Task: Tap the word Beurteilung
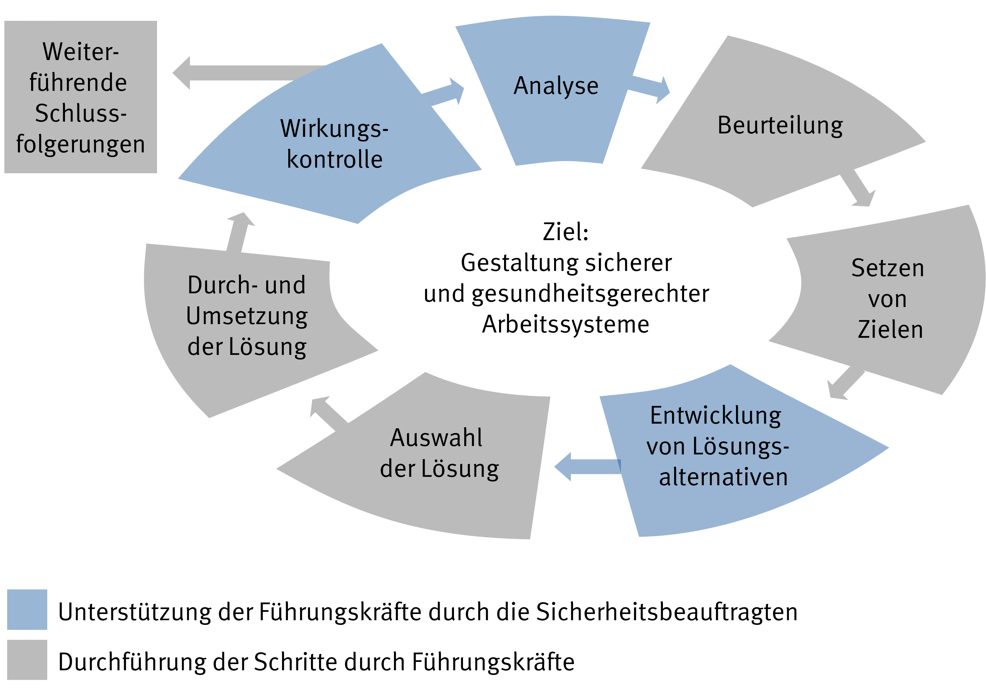click(780, 125)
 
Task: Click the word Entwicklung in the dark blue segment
click(715, 416)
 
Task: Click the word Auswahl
click(436, 438)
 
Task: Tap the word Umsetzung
click(247, 316)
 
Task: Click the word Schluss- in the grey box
click(80, 114)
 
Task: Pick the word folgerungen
click(80, 144)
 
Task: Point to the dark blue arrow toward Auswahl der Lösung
click(586, 467)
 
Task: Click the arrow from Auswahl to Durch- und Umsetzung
click(329, 413)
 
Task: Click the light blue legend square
click(27, 609)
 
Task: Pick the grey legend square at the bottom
click(27, 659)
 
